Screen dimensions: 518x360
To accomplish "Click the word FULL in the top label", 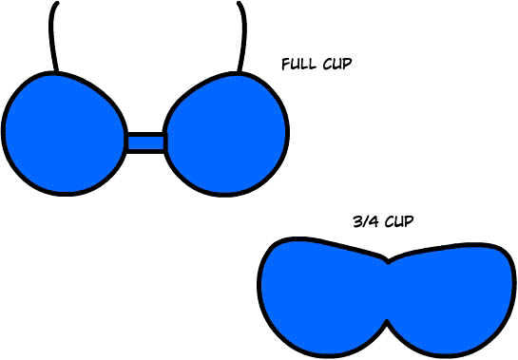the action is (x=298, y=64).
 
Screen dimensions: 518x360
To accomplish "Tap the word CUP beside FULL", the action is (x=337, y=64).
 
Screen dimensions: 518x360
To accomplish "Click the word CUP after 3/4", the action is (x=399, y=221).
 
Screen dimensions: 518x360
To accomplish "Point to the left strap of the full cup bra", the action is (x=52, y=36).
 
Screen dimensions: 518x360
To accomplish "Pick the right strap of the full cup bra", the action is (x=242, y=36).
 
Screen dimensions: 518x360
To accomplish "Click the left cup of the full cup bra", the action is (x=65, y=133).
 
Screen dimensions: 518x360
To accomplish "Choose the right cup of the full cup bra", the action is (x=226, y=134).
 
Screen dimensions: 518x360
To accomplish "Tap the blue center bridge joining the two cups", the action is (x=145, y=142).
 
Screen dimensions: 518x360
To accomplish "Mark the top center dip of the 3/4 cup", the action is (x=388, y=261).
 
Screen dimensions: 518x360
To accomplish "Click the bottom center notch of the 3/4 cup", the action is (x=386, y=322).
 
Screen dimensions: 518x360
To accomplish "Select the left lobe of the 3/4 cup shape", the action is (x=322, y=295).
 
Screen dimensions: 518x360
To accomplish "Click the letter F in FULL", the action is (x=286, y=65).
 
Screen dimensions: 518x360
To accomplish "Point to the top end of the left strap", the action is (x=57, y=3).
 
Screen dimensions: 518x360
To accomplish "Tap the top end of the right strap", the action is (x=239, y=3).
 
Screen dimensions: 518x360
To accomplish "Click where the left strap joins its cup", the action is (x=56, y=71).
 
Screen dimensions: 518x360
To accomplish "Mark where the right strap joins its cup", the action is (x=240, y=71).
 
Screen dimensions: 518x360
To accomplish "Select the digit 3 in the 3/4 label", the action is (x=357, y=221).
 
